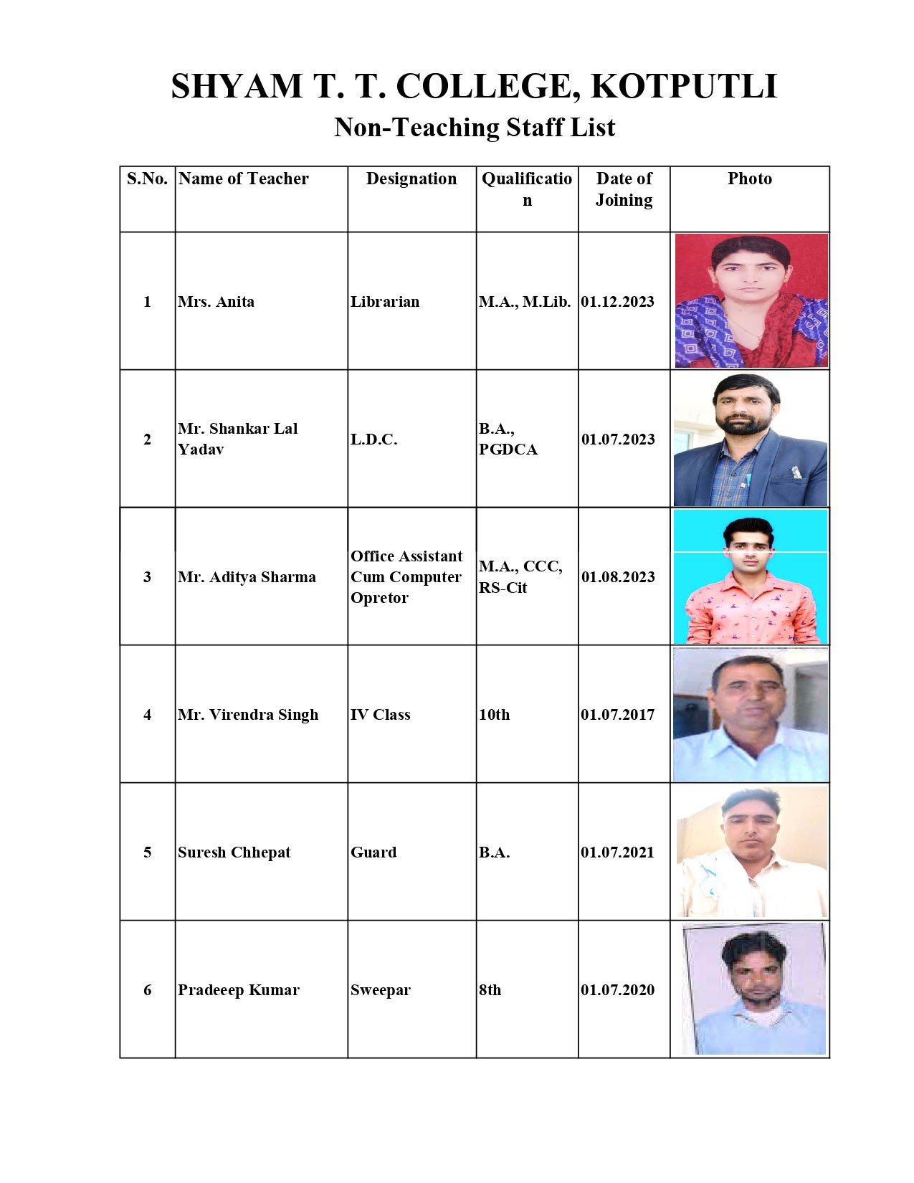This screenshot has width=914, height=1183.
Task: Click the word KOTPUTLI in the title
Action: click(684, 87)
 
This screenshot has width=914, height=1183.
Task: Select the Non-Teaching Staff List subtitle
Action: click(475, 128)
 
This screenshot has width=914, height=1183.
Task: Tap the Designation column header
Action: click(411, 179)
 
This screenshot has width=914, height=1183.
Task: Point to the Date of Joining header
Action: click(624, 189)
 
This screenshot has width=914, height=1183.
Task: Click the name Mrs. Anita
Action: click(216, 302)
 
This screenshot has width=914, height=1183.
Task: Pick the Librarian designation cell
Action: click(385, 302)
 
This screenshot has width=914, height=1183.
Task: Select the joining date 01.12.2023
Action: click(617, 302)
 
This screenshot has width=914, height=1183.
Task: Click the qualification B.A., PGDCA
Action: click(508, 439)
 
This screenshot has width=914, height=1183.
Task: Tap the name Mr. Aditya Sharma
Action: click(247, 577)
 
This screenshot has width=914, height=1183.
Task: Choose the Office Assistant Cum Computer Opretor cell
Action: click(406, 577)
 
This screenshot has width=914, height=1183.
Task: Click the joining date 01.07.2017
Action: click(617, 715)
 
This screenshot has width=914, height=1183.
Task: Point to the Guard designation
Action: click(373, 852)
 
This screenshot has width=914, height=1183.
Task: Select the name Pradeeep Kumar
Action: click(239, 990)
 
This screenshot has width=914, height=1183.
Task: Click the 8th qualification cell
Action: click(490, 990)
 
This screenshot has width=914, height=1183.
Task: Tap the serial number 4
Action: click(148, 715)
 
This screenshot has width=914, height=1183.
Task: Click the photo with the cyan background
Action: click(751, 576)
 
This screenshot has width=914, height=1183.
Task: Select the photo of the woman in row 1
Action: click(751, 301)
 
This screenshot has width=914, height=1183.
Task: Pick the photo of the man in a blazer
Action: click(751, 439)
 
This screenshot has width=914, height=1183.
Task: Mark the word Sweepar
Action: click(381, 990)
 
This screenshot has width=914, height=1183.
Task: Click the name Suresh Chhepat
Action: click(234, 852)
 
